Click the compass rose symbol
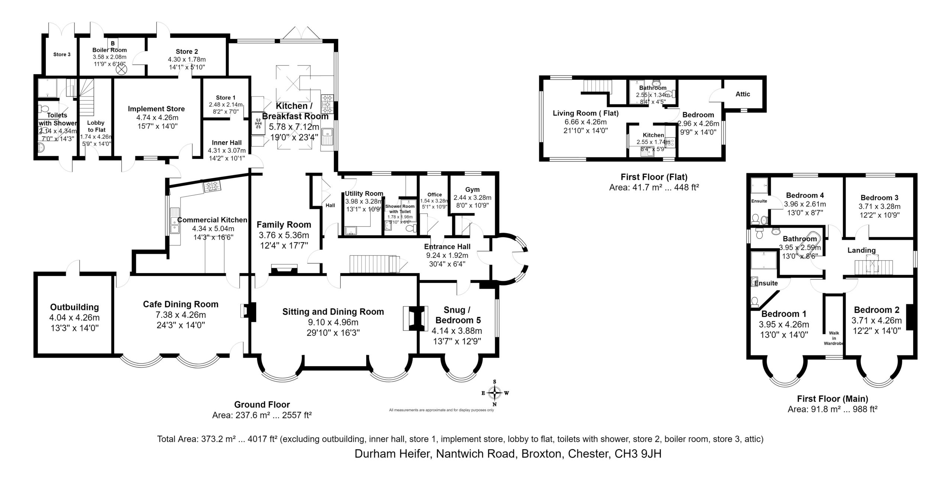(494, 393)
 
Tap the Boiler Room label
(110, 50)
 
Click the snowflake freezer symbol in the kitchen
(258, 123)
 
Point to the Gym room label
(472, 189)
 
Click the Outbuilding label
(74, 307)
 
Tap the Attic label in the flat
(743, 94)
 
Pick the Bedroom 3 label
(879, 198)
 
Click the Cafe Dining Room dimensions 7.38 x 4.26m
(181, 315)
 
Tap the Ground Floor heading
(262, 404)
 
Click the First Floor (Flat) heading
(654, 177)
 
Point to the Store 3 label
(62, 55)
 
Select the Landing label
(861, 250)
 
